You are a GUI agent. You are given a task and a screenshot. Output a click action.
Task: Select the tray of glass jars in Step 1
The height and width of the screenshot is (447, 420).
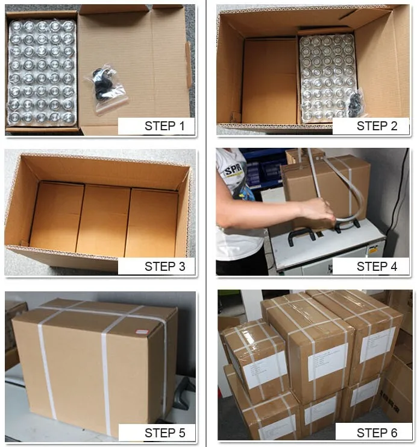coord(42,72)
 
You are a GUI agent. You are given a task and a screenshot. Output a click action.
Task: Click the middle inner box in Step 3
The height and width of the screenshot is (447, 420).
coord(103,220)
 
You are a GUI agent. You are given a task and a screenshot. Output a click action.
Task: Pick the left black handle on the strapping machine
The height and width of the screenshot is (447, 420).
coord(301,235)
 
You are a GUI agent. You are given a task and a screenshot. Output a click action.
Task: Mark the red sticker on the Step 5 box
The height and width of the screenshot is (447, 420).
coord(142,331)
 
